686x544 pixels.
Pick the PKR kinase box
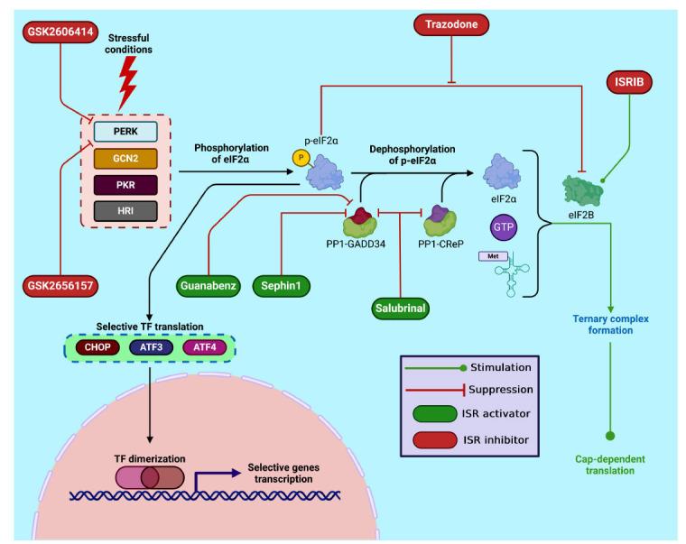click(x=126, y=183)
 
